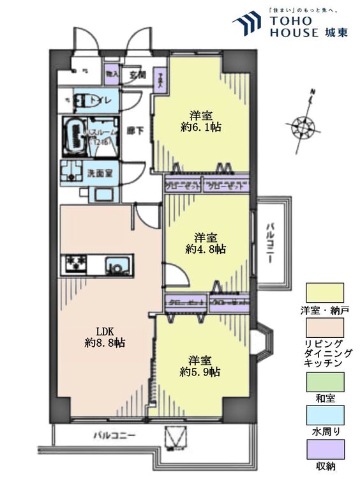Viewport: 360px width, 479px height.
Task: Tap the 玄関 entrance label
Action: pos(138,75)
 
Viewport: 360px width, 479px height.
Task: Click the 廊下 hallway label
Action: pos(134,130)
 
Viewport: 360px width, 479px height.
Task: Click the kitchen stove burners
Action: pos(75,263)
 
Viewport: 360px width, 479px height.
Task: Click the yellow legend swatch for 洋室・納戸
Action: pos(325,293)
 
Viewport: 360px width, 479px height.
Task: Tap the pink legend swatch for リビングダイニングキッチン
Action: pos(325,328)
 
